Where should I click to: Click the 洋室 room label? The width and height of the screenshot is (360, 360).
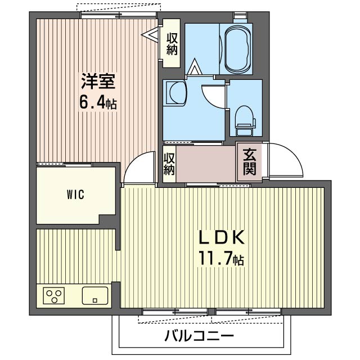click(x=98, y=82)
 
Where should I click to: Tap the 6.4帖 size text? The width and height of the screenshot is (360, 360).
click(x=98, y=103)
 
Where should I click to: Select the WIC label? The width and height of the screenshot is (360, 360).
click(x=75, y=195)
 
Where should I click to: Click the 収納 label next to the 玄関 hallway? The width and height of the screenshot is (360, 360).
click(x=169, y=164)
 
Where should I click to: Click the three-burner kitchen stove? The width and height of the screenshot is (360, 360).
click(x=55, y=295)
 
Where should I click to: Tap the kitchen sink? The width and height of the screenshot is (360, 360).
click(x=94, y=295)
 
